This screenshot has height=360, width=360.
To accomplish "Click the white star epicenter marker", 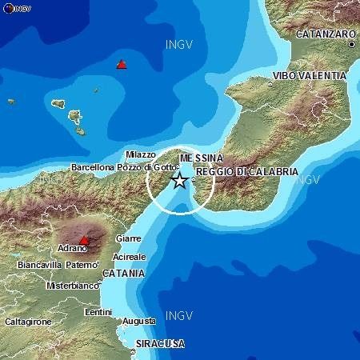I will point(180,181).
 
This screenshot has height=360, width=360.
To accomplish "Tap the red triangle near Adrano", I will point(83,239).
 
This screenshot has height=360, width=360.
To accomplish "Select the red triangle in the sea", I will point(122,64).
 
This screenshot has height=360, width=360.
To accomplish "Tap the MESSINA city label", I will point(196,158).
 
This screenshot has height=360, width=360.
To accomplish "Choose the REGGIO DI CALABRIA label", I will point(247,172).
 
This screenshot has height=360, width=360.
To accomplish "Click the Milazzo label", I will point(142,154).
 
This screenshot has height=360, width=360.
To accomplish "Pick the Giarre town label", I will point(128,238).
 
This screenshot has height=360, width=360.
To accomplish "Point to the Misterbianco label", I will point(71,286).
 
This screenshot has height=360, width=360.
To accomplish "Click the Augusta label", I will point(139,321).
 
